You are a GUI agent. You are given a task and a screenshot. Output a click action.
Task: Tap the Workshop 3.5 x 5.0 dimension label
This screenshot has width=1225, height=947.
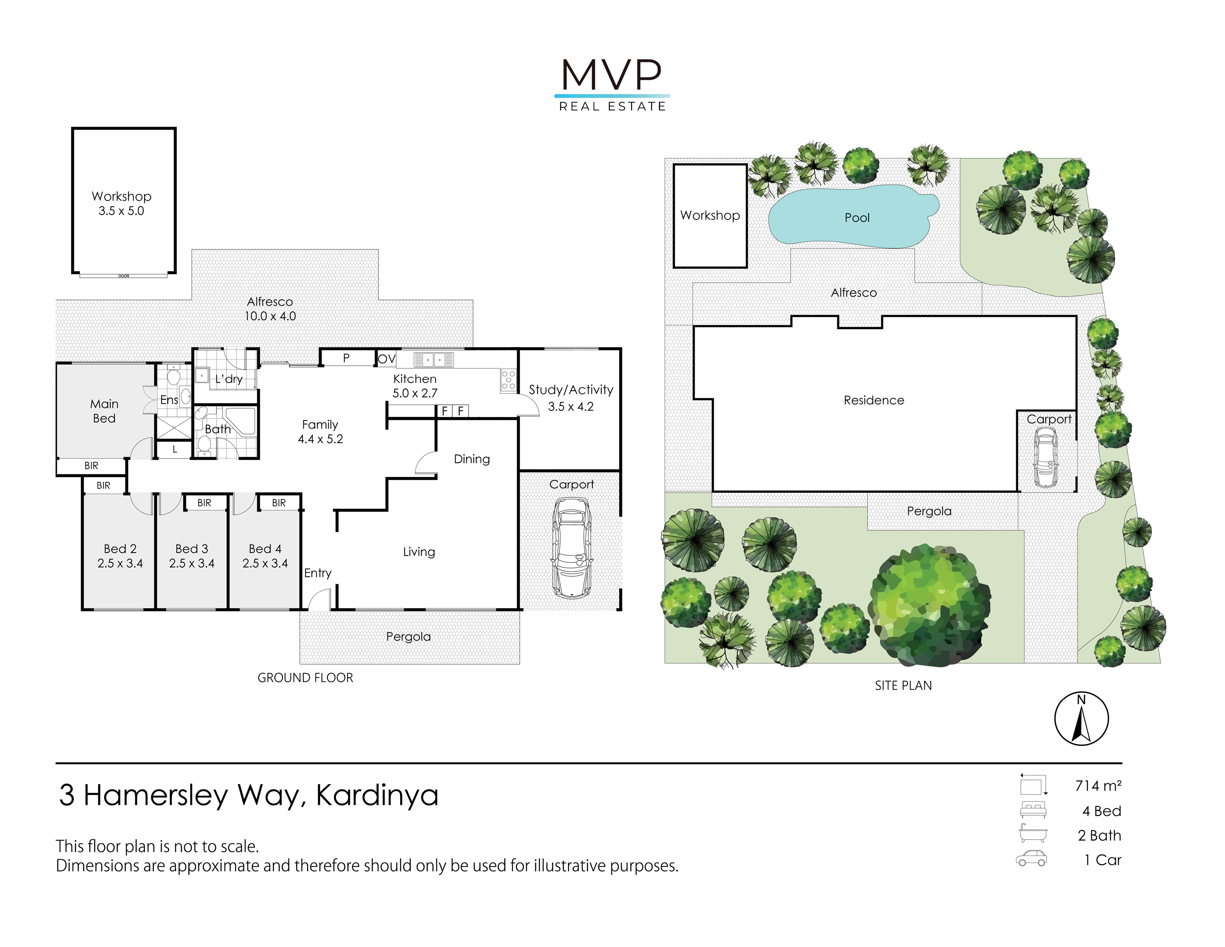pyautogui.click(x=121, y=211)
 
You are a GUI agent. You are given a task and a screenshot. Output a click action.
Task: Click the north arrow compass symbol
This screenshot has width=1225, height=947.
pyautogui.click(x=1081, y=718)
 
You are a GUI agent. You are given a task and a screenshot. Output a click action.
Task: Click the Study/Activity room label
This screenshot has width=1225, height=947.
pyautogui.click(x=571, y=390)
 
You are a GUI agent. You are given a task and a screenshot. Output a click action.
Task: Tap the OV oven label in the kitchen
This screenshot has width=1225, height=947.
pyautogui.click(x=386, y=359)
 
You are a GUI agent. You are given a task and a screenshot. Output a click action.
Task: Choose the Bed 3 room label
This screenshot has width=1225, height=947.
pyautogui.click(x=192, y=549)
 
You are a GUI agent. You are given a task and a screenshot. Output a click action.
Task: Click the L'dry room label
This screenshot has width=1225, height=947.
pyautogui.click(x=229, y=379)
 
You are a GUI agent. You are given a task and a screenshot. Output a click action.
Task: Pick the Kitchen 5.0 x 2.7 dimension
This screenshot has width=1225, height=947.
pyautogui.click(x=415, y=393)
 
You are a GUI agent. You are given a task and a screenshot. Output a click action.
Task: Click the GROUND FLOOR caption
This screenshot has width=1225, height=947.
pyautogui.click(x=305, y=678)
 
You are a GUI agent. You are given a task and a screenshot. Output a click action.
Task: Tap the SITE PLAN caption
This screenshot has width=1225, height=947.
pyautogui.click(x=903, y=686)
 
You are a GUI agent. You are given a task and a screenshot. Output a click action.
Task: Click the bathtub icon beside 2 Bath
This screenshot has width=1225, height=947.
pyautogui.click(x=1033, y=834)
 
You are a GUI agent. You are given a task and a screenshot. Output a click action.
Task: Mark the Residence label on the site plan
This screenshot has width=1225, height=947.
pyautogui.click(x=874, y=400)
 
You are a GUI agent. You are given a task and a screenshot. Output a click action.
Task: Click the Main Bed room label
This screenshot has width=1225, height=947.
pyautogui.click(x=104, y=411)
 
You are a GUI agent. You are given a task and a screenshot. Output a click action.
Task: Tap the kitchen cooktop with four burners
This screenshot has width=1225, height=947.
pyautogui.click(x=508, y=380)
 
